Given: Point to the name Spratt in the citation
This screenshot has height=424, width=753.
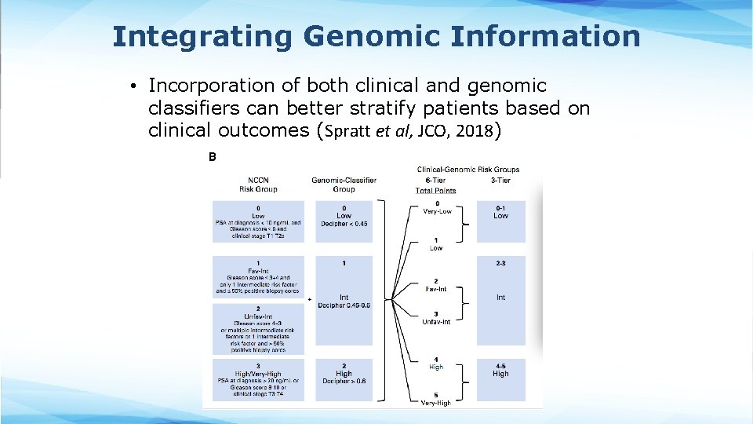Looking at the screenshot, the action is click(346, 131).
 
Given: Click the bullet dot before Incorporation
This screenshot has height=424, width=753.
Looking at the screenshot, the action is click(135, 86).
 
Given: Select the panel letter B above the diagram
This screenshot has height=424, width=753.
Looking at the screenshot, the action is click(212, 157).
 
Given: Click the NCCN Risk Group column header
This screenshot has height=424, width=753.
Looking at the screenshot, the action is click(258, 185).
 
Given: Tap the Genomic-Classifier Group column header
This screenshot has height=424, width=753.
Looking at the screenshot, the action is click(344, 185).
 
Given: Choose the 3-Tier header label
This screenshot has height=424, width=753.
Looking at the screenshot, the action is click(500, 180).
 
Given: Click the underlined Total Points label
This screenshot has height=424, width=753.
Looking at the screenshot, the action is click(435, 190).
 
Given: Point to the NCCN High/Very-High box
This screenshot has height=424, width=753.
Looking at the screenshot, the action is click(258, 378).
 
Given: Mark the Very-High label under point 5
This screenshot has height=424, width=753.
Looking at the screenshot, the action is click(436, 403).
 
